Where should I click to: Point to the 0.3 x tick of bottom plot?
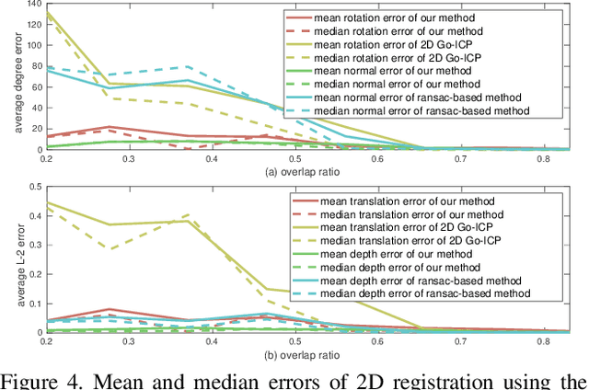point(129,342)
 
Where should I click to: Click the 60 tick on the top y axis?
point(32,86)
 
